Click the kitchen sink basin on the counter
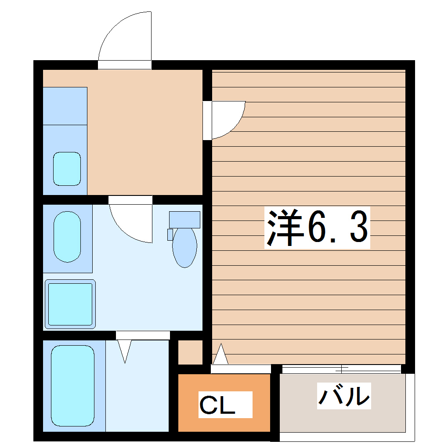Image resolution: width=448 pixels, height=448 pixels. point(67,169)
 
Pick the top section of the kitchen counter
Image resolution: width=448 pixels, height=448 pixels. point(65,106)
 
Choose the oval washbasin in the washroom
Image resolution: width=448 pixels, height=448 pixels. point(67,237)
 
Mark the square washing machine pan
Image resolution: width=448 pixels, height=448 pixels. point(70,304)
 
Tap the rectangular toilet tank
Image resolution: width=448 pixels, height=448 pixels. point(184,219)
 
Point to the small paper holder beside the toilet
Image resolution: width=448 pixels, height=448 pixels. point(170,235)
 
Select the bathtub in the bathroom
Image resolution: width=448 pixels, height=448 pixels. point(73,386)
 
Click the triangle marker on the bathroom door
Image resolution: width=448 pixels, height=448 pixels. point(125,351)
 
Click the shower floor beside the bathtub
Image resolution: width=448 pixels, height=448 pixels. point(137,391)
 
